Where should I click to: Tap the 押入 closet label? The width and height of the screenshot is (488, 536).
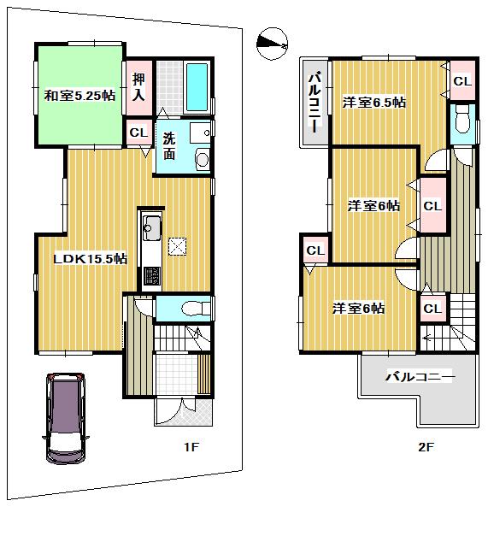pyautogui.click(x=139, y=87)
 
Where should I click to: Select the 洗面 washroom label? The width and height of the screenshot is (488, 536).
pyautogui.click(x=170, y=145)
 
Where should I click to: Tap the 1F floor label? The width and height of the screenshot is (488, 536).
pyautogui.click(x=195, y=447)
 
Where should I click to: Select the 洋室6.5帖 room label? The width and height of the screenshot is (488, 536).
pyautogui.click(x=373, y=103)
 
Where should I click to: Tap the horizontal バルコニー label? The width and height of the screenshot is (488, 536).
pyautogui.click(x=420, y=376)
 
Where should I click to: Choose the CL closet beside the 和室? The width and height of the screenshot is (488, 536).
pyautogui.click(x=138, y=133)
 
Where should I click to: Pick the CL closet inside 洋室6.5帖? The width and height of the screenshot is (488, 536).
pyautogui.click(x=462, y=81)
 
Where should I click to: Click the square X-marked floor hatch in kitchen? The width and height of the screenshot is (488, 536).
pyautogui.click(x=179, y=246)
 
